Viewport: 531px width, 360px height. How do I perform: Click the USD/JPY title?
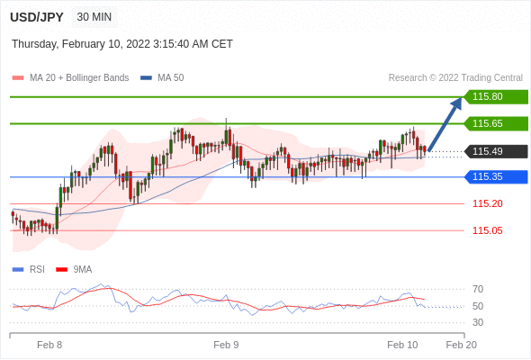(37, 17)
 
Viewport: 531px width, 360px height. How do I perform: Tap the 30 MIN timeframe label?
(94, 16)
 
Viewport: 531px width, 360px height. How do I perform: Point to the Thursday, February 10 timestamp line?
(122, 44)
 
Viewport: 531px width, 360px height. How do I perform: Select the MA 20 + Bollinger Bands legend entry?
(70, 78)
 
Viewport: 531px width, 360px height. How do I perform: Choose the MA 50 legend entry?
(162, 78)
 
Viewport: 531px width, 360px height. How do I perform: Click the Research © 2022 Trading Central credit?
(455, 78)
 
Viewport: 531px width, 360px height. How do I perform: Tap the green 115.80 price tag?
(496, 96)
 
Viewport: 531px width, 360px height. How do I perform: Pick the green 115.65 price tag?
(496, 123)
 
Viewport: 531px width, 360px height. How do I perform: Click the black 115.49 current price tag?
(496, 151)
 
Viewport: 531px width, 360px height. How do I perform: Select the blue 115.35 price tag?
(496, 176)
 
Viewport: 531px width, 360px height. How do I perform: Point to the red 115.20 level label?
(488, 203)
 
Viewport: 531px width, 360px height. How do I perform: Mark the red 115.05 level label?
(488, 230)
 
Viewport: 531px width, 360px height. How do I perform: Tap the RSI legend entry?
(29, 270)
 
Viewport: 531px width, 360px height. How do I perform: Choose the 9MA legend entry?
(74, 270)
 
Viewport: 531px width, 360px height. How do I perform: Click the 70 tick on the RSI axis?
(478, 289)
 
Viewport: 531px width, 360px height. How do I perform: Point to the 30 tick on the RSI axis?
(478, 322)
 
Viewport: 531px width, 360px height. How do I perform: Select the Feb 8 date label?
(49, 345)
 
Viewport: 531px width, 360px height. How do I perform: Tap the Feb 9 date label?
(226, 345)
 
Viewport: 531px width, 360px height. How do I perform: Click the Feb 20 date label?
(461, 345)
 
